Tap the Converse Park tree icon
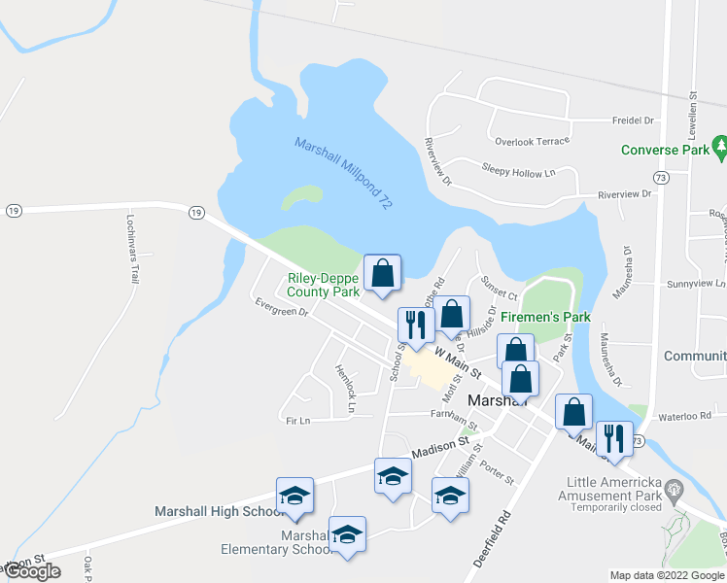[x=720, y=148]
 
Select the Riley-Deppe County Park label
[x=324, y=285]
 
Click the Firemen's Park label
[x=545, y=317]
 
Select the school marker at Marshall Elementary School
[x=347, y=535]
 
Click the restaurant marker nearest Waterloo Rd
[x=614, y=439]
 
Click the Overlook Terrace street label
[x=531, y=141]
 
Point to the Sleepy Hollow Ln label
[x=517, y=170]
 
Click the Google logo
[x=32, y=571]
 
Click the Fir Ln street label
[x=297, y=420]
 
